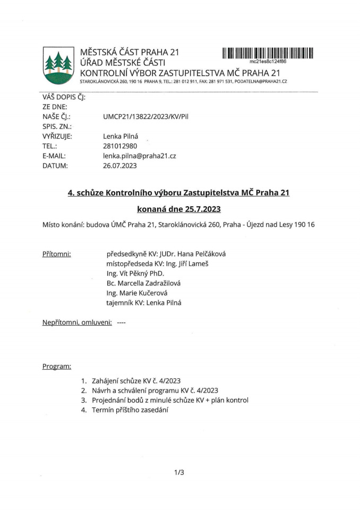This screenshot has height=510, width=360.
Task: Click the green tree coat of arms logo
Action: (x=58, y=65)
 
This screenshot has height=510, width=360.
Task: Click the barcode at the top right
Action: (x=268, y=53)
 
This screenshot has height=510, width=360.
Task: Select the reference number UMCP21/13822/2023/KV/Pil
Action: (x=145, y=116)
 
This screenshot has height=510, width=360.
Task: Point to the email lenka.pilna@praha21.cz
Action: (x=139, y=156)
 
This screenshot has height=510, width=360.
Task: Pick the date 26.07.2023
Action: (x=120, y=165)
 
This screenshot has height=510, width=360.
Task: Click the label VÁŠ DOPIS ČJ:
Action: (x=64, y=97)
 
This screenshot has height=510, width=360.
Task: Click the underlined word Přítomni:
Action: (x=57, y=254)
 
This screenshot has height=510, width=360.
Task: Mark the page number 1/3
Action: (x=179, y=471)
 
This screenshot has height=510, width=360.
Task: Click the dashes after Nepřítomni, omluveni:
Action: (x=121, y=322)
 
